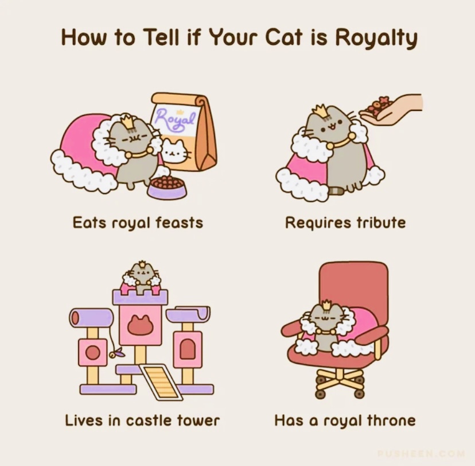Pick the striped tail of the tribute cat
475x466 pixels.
click(x=336, y=190)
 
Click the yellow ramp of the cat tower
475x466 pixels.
click(x=161, y=381)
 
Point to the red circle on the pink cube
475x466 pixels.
click(x=93, y=352)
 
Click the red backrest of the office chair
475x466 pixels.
click(x=354, y=285)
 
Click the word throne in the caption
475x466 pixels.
click(x=391, y=421)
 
